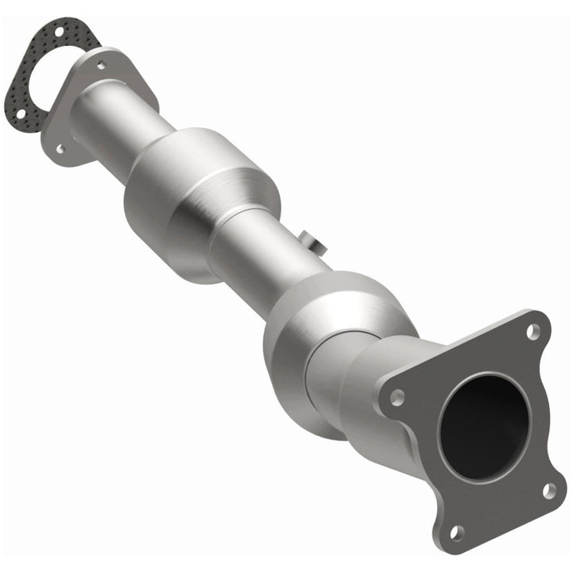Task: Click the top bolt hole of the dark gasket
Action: point(60,32)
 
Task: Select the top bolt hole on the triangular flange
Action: point(100,65)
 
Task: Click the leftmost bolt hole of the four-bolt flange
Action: point(396,396)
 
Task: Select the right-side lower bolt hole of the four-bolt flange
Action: point(549,489)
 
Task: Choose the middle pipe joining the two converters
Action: point(262,246)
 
